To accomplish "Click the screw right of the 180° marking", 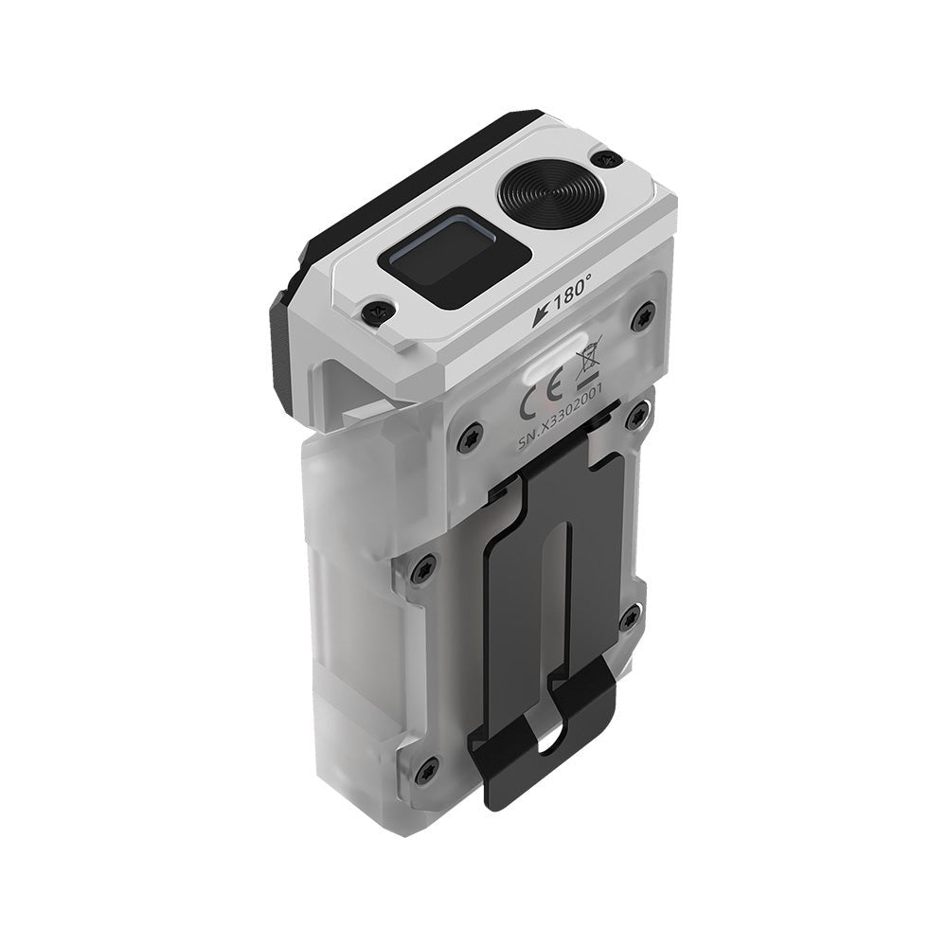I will [x=645, y=318].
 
